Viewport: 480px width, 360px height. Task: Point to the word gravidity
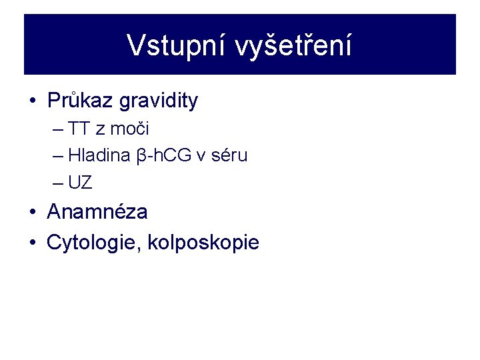point(159,101)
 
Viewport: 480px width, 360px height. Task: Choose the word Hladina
point(99,156)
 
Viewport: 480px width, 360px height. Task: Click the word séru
point(229,156)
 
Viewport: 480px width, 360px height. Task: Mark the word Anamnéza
point(97,213)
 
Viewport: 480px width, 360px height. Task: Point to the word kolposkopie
point(203,243)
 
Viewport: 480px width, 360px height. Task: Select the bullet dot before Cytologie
point(32,243)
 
